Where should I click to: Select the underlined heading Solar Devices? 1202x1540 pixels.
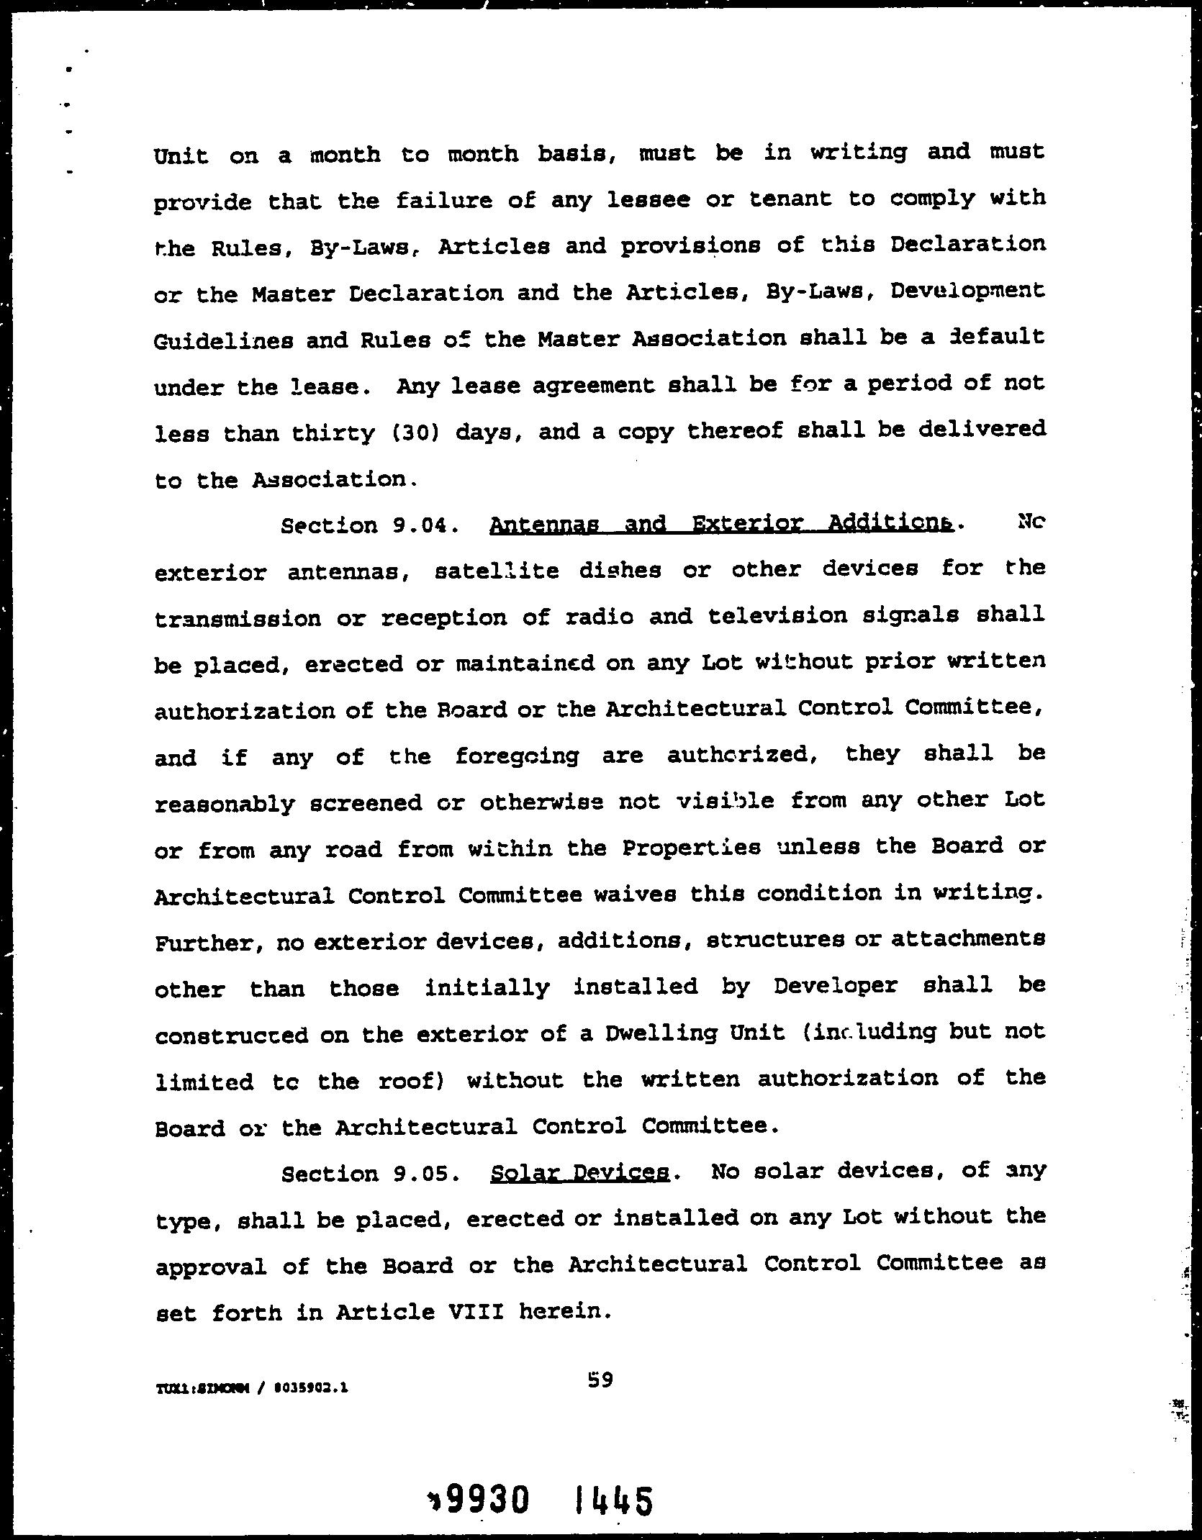coord(579,1173)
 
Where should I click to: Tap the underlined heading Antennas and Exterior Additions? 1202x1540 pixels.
coord(721,524)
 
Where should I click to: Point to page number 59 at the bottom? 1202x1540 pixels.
coord(600,1380)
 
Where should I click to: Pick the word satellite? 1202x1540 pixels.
coord(497,571)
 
